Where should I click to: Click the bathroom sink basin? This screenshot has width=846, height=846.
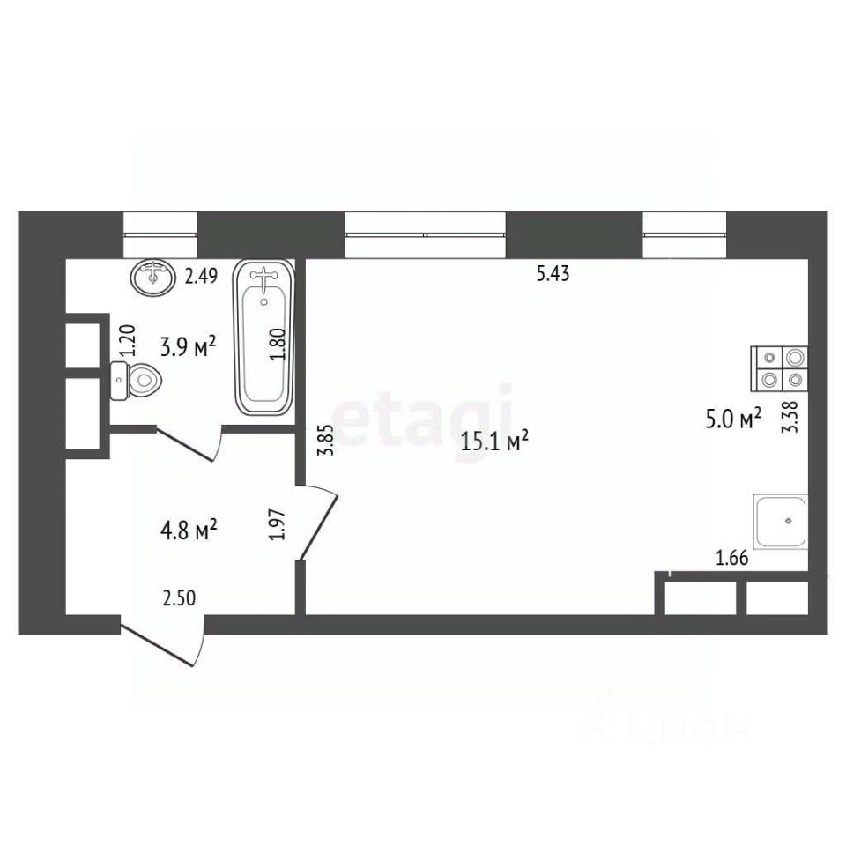(153, 278)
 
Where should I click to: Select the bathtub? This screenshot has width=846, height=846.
(263, 338)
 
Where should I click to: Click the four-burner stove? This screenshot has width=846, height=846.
(780, 368)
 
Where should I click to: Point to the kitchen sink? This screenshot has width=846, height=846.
(782, 522)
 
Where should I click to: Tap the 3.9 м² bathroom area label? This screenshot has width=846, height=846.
(189, 346)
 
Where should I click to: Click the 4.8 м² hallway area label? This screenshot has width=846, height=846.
(189, 531)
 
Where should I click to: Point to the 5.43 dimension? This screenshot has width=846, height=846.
(553, 274)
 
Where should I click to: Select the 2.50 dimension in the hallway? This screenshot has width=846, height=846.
(179, 598)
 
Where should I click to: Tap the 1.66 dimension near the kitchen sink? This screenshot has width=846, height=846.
(732, 558)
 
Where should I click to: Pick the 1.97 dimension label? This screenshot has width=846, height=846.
(277, 524)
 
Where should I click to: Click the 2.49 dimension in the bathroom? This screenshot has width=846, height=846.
(201, 276)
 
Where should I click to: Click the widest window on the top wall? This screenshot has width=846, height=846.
(425, 235)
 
